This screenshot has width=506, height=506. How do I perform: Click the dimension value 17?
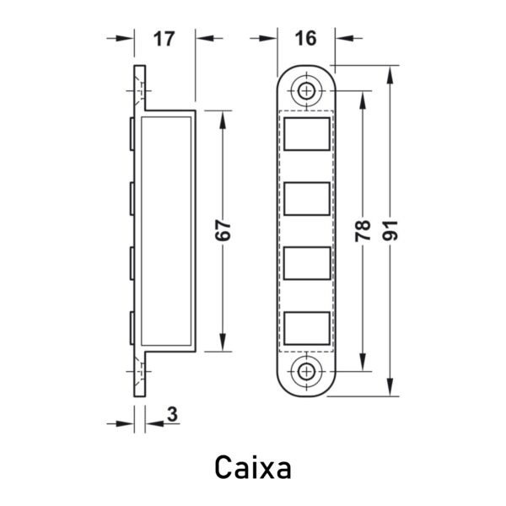(x=164, y=39)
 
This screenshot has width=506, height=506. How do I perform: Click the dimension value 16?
(x=305, y=38)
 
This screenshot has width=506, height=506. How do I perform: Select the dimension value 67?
(x=223, y=230)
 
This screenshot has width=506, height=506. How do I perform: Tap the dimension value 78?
(x=363, y=230)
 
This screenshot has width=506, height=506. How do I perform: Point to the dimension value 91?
(x=390, y=230)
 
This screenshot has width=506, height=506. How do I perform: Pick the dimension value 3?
(x=173, y=414)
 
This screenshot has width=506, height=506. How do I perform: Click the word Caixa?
(x=253, y=467)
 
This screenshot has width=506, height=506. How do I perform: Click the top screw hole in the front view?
(x=306, y=91)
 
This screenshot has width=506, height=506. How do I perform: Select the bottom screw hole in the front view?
(x=306, y=371)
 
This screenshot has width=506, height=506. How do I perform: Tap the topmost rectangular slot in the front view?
(x=307, y=134)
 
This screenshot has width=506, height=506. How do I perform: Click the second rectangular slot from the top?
(x=307, y=198)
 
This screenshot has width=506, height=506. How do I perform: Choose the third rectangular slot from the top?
(x=307, y=263)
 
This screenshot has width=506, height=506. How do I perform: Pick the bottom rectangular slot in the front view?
(x=307, y=328)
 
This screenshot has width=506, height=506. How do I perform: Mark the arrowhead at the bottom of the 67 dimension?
(x=223, y=342)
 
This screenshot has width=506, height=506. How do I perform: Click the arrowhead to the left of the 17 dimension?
(x=125, y=39)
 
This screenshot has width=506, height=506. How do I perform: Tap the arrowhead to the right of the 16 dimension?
(x=344, y=38)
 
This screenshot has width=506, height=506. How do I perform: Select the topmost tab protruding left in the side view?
(x=132, y=134)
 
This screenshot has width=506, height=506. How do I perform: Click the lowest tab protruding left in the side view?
(x=132, y=328)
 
